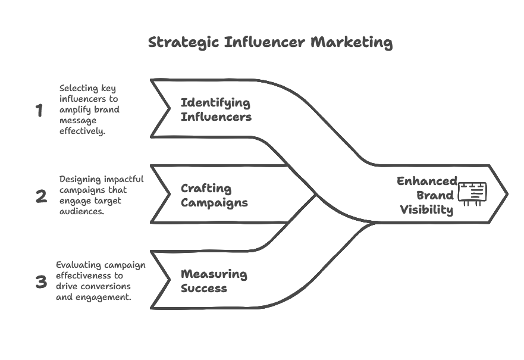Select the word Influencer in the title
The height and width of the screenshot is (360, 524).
pyautogui.click(x=265, y=43)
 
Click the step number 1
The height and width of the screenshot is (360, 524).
pyautogui.click(x=39, y=110)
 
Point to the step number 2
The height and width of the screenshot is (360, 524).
pyautogui.click(x=40, y=196)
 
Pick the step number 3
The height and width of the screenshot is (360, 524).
pyautogui.click(x=40, y=282)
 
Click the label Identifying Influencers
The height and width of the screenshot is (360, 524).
pyautogui.click(x=216, y=109)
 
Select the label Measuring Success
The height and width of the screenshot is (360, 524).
pyautogui.click(x=214, y=281)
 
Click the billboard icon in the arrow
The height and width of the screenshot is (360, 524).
pyautogui.click(x=472, y=193)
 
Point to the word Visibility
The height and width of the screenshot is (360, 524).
pyautogui.click(x=426, y=209)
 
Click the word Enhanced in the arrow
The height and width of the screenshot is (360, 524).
pyautogui.click(x=426, y=181)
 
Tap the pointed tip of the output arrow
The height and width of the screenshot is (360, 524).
pyautogui.click(x=506, y=194)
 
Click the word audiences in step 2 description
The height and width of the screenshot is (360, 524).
pyautogui.click(x=80, y=211)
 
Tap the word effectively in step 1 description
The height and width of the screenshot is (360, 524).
pyautogui.click(x=82, y=131)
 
